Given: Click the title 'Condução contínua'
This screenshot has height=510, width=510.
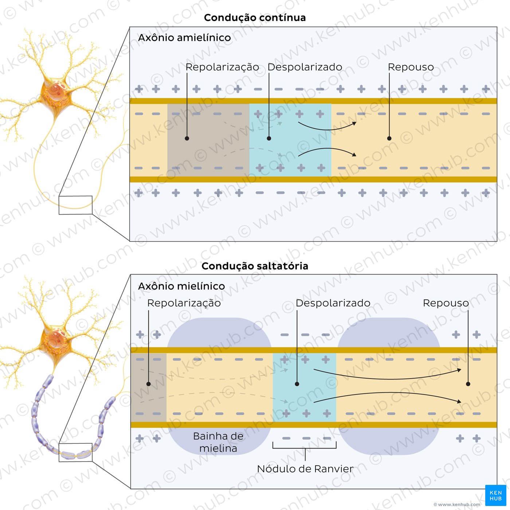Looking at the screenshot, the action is [255, 18].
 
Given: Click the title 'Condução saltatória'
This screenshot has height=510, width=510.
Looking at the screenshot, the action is [255, 266].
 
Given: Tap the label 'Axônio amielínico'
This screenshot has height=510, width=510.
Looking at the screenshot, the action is [184, 38].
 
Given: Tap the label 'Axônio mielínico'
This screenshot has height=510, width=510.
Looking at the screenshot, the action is [181, 286].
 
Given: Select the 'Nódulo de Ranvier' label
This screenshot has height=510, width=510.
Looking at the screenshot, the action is [305, 469].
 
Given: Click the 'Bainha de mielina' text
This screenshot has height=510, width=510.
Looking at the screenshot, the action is [218, 442].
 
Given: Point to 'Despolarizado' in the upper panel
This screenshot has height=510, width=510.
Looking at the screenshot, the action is [305, 67].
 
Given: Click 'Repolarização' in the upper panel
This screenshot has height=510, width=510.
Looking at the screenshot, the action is [222, 67].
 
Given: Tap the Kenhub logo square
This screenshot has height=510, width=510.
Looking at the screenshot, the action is [495, 495].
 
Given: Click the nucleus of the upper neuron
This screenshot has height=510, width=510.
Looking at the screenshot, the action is [56, 90].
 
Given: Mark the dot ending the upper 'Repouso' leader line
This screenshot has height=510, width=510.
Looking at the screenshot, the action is [389, 138].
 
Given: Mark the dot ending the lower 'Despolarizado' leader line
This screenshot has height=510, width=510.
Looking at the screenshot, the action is [297, 384].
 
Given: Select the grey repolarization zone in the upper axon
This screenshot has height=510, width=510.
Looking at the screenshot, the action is [208, 140].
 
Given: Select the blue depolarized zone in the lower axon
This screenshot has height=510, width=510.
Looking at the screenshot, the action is [304, 388].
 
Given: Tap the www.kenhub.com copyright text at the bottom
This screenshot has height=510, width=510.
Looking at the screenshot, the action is [457, 505].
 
